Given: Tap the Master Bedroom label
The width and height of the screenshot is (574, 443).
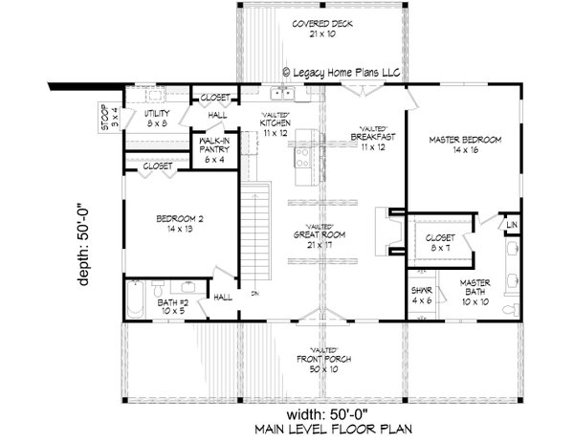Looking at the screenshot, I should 465,144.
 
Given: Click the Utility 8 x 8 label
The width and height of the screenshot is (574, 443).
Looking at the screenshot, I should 159,118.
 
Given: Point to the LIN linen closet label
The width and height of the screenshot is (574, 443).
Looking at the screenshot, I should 512,226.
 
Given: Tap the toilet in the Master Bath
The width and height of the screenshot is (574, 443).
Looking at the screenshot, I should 513,308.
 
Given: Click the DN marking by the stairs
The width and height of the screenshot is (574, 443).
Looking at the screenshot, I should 254,293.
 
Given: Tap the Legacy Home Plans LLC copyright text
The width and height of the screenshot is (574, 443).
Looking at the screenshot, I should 343,71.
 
